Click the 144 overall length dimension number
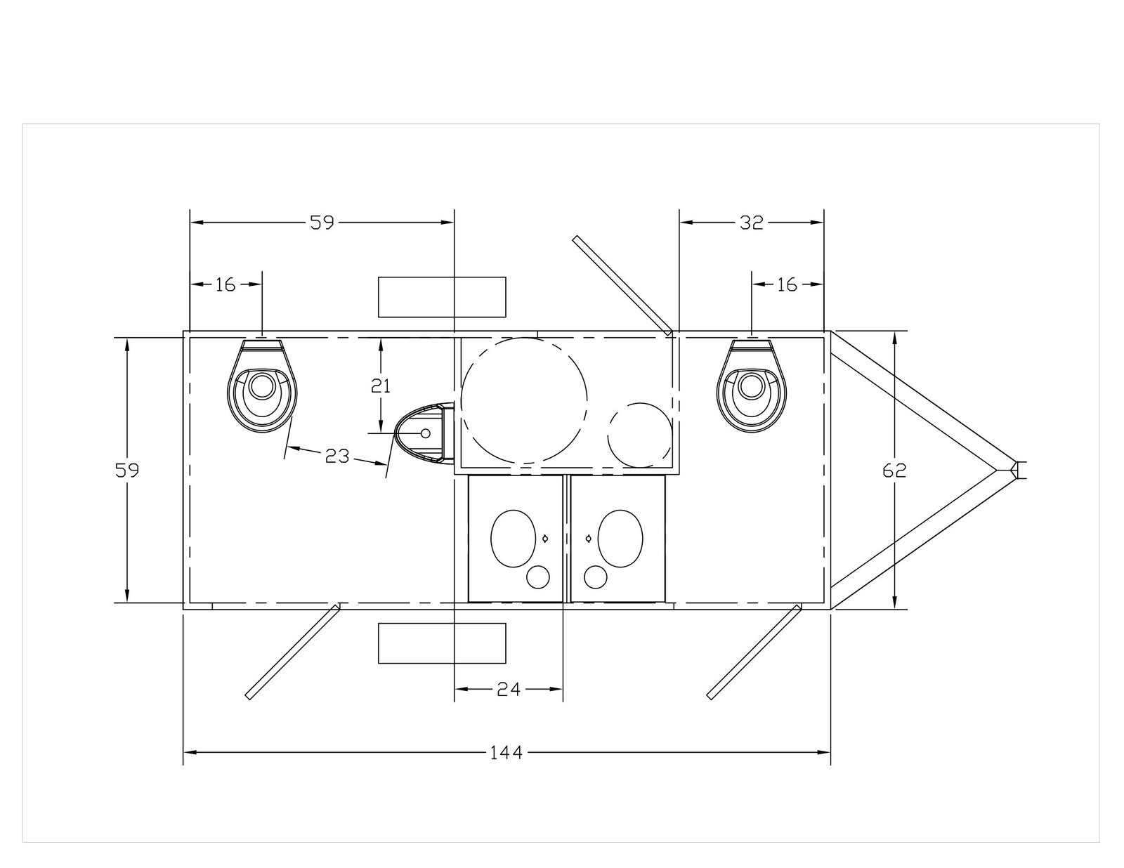(x=507, y=753)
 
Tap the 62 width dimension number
(x=895, y=471)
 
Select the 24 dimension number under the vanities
(x=509, y=689)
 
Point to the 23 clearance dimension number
(x=338, y=456)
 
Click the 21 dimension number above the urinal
(x=381, y=386)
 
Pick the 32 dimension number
(x=752, y=223)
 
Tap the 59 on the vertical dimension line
(x=127, y=471)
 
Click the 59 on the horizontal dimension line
(x=322, y=223)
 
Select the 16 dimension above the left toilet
(x=226, y=284)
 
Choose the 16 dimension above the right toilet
(x=788, y=284)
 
